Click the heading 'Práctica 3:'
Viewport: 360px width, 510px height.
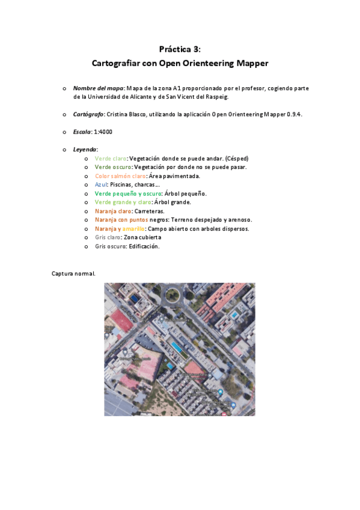click(180, 49)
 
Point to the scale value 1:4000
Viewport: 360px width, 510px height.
click(103, 131)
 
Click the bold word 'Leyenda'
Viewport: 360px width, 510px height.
click(85, 149)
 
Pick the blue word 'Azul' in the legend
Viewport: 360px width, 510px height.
click(100, 185)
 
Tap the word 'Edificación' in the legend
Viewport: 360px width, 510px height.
click(143, 247)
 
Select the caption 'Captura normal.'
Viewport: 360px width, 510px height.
click(73, 274)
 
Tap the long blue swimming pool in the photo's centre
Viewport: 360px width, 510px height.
click(176, 346)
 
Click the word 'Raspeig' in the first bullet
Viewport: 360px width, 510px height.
click(216, 96)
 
